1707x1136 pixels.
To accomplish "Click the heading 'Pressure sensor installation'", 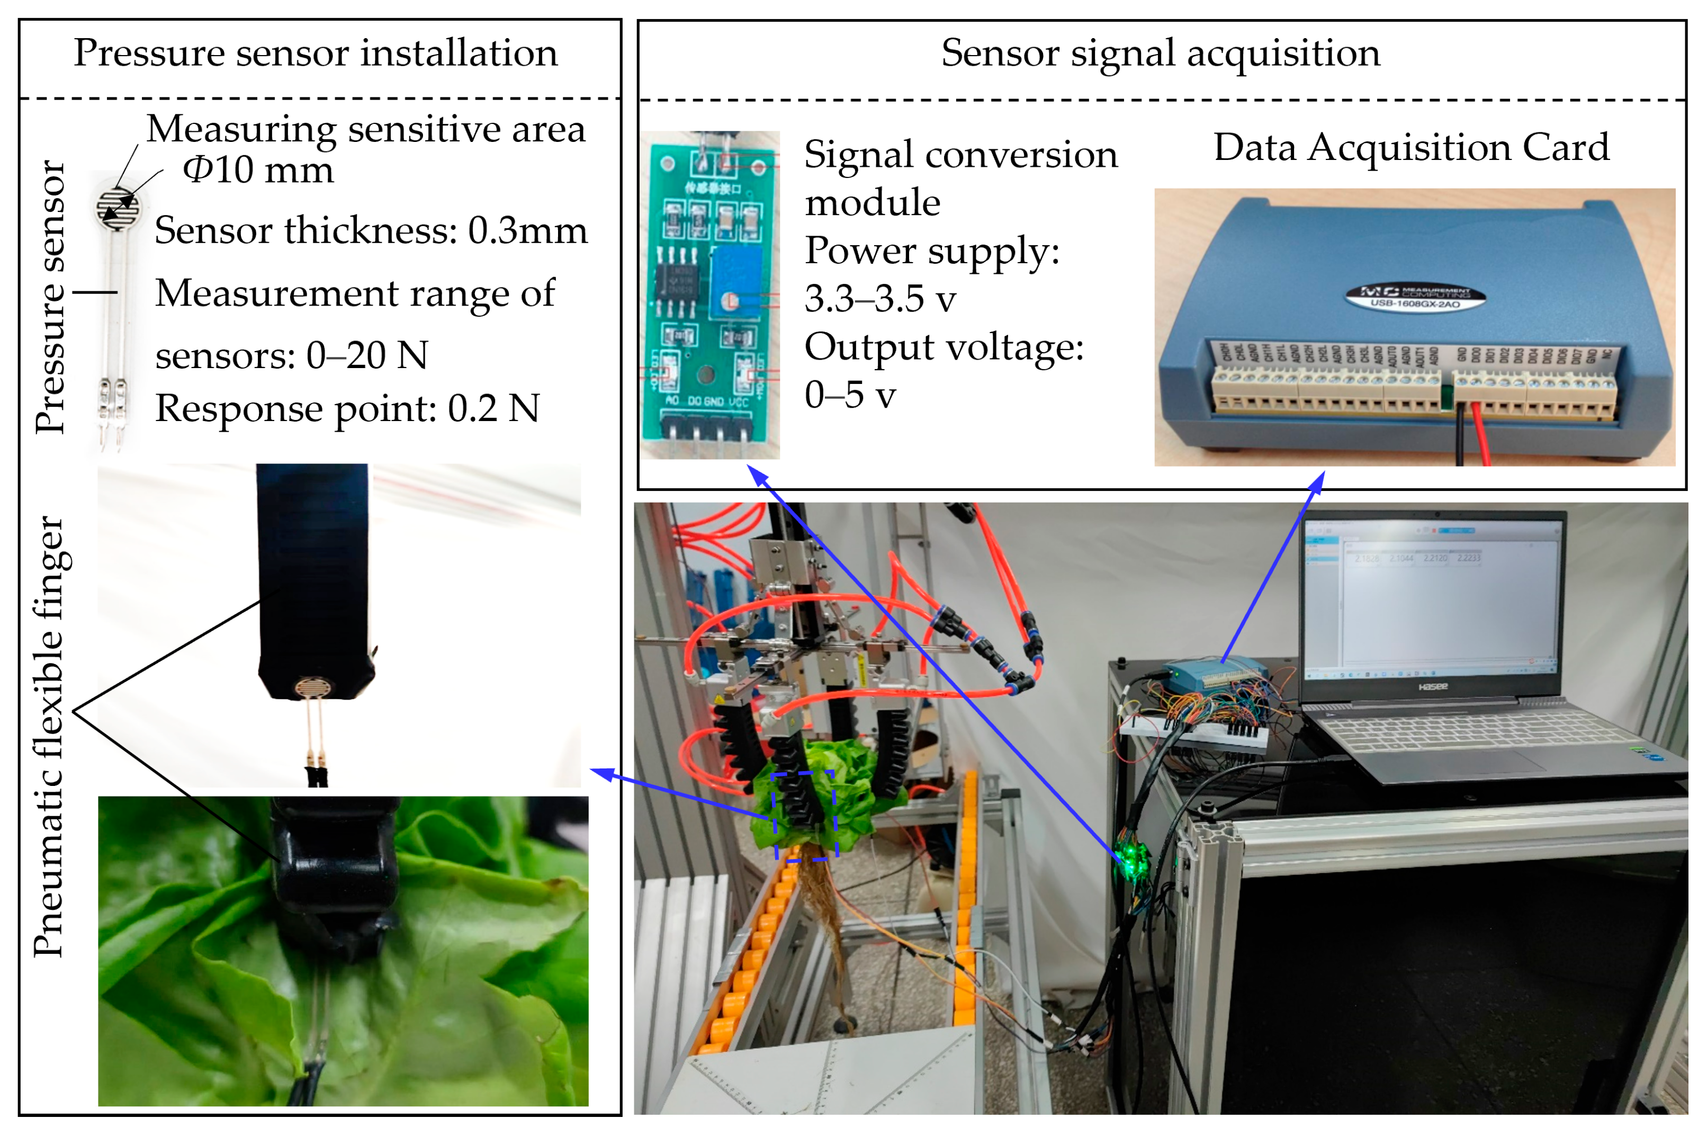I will pyautogui.click(x=315, y=53).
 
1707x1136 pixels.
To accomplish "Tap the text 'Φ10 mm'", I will pyautogui.click(x=258, y=169).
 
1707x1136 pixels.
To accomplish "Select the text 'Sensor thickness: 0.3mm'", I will pyautogui.click(x=371, y=230).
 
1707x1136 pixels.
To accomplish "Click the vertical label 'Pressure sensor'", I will pyautogui.click(x=51, y=297).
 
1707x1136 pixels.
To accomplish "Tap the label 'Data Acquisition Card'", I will pyautogui.click(x=1411, y=147).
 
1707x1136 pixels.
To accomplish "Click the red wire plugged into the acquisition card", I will pyautogui.click(x=1479, y=435).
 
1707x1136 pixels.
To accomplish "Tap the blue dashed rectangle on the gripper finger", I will pyautogui.click(x=804, y=816).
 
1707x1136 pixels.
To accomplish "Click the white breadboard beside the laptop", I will pyautogui.click(x=1195, y=736).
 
